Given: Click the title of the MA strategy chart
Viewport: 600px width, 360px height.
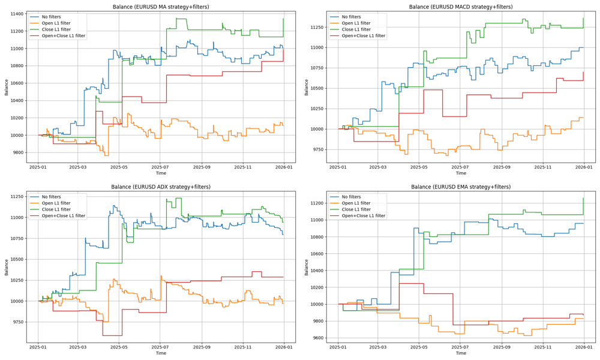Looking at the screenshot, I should click(x=161, y=7).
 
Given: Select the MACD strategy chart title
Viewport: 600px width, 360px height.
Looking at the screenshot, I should click(x=461, y=7).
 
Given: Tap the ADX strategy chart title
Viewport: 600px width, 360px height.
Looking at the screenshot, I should click(x=161, y=187).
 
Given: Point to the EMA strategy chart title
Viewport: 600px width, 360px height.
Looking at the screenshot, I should click(x=461, y=187).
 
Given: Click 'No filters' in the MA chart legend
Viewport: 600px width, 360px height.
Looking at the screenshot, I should click(x=50, y=17).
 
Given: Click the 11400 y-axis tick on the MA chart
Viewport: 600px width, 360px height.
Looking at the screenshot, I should click(x=16, y=14).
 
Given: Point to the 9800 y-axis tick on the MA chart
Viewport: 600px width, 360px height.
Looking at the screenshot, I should click(x=18, y=152).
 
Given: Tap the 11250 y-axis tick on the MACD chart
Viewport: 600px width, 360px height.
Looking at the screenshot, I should click(x=316, y=27).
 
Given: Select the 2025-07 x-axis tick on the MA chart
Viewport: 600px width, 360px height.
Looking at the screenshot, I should click(x=160, y=167).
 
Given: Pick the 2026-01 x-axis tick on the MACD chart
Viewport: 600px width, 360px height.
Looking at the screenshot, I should click(x=584, y=167).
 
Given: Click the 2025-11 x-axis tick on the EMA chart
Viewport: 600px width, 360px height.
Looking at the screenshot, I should click(x=542, y=347).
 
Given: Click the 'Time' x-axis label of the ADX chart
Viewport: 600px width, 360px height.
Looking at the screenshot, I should click(x=161, y=353).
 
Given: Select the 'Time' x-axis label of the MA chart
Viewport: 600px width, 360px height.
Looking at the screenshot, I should click(x=161, y=173).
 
